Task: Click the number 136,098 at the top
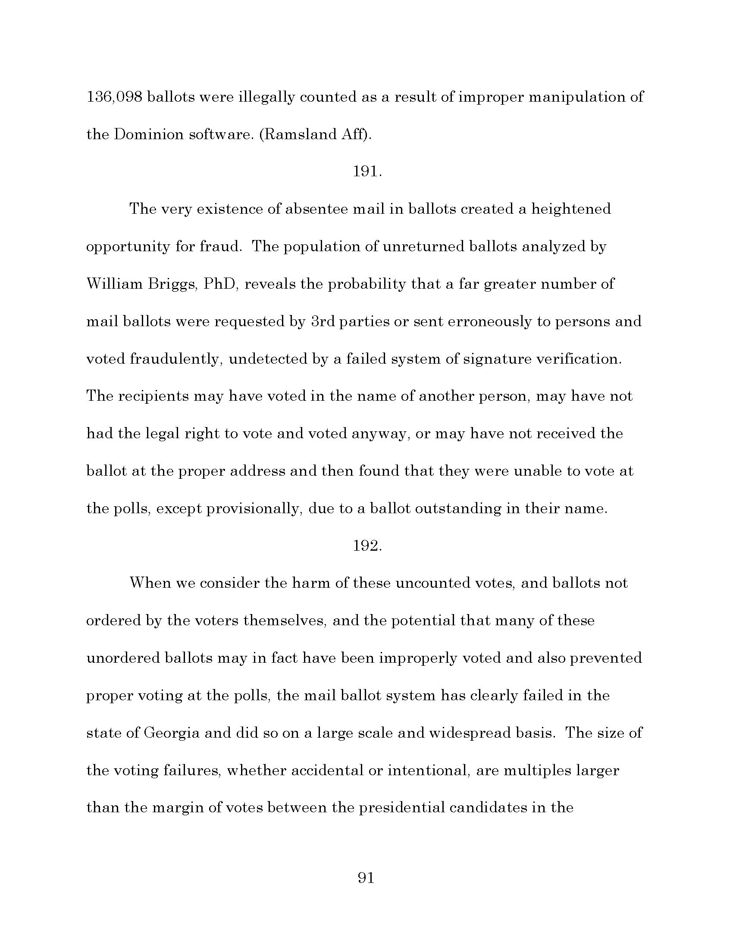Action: tap(114, 97)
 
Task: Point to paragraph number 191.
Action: tap(367, 172)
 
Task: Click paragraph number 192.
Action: tap(367, 546)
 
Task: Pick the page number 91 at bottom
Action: tap(366, 878)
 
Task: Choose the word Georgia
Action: tap(172, 733)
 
